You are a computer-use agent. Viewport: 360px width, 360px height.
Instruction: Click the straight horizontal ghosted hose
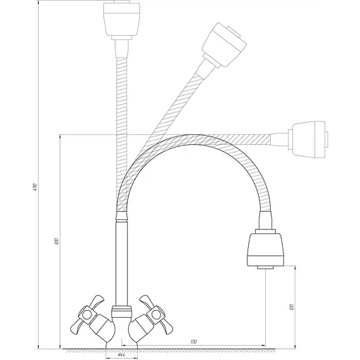click(232, 135)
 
